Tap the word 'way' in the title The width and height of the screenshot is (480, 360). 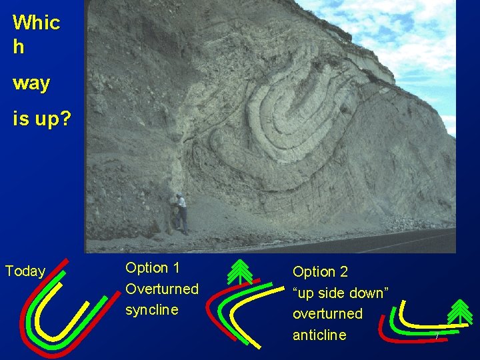31,84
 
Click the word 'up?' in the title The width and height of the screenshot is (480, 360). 40,120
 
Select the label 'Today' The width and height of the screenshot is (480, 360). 25,271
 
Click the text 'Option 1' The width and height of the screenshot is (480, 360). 153,267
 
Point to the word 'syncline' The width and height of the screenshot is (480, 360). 152,310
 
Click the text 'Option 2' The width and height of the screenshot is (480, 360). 320,272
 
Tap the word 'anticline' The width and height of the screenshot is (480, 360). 319,335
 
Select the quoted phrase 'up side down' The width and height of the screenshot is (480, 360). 341,293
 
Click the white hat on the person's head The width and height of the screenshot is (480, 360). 178,195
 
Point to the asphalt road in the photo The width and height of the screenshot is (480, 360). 400,241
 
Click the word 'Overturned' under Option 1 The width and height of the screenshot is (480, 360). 162,289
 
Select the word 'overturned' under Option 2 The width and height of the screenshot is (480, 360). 327,313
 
